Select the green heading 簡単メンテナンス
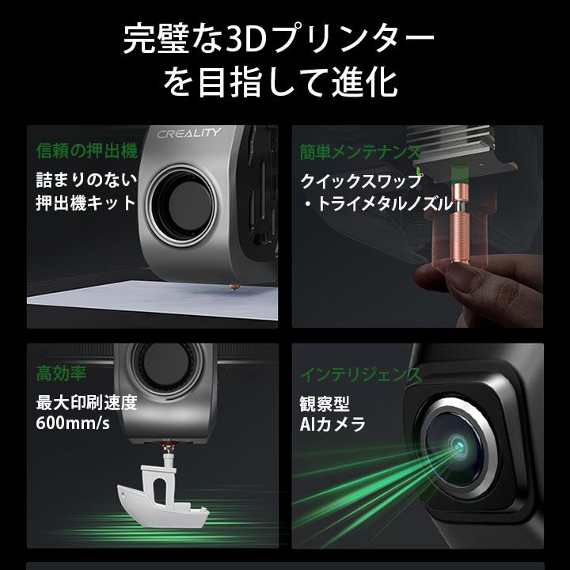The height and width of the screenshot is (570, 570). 359,150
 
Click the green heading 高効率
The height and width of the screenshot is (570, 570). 62,372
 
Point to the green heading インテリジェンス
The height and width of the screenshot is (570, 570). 361,372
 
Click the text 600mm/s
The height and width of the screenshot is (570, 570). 73,424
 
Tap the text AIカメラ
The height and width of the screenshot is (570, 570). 332,425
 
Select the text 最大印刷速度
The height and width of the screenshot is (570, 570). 86,401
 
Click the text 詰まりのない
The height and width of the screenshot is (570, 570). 86,179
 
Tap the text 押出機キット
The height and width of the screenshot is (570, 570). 86,203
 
